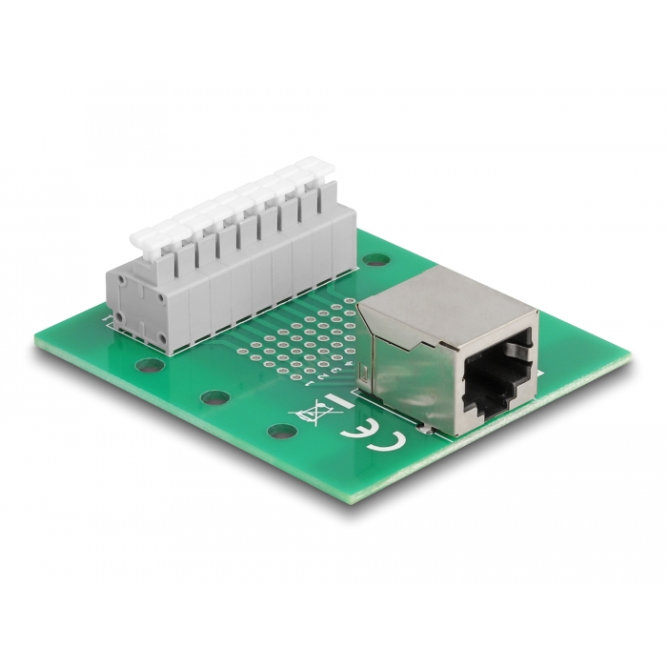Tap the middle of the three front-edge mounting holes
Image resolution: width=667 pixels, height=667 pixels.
pyautogui.click(x=211, y=397)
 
